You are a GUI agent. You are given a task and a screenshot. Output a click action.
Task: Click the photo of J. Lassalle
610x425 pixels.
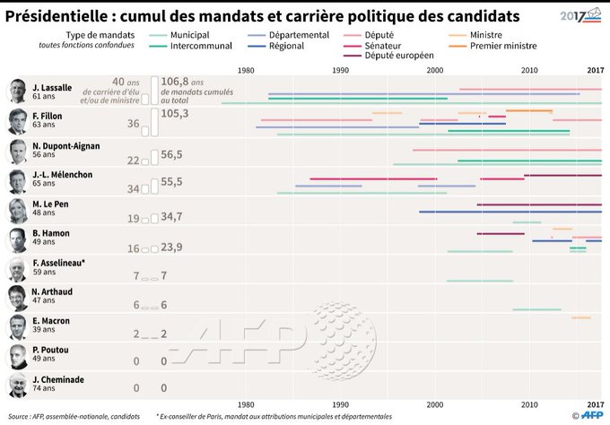click(17, 90)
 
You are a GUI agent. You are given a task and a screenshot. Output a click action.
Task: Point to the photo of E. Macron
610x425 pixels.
click(17, 325)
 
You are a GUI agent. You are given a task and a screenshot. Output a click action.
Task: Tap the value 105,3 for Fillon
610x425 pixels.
click(175, 114)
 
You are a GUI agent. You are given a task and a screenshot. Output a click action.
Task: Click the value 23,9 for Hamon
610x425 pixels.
click(171, 247)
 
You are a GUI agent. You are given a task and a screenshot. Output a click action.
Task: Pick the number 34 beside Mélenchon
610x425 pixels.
click(133, 189)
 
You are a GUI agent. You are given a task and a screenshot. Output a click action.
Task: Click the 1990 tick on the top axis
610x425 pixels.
click(341, 70)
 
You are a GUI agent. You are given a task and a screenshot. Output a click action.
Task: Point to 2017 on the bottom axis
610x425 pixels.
click(595, 404)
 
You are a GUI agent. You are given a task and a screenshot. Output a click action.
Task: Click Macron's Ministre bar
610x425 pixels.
click(581, 317)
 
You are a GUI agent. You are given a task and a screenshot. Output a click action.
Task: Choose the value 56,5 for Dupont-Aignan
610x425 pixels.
click(171, 154)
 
